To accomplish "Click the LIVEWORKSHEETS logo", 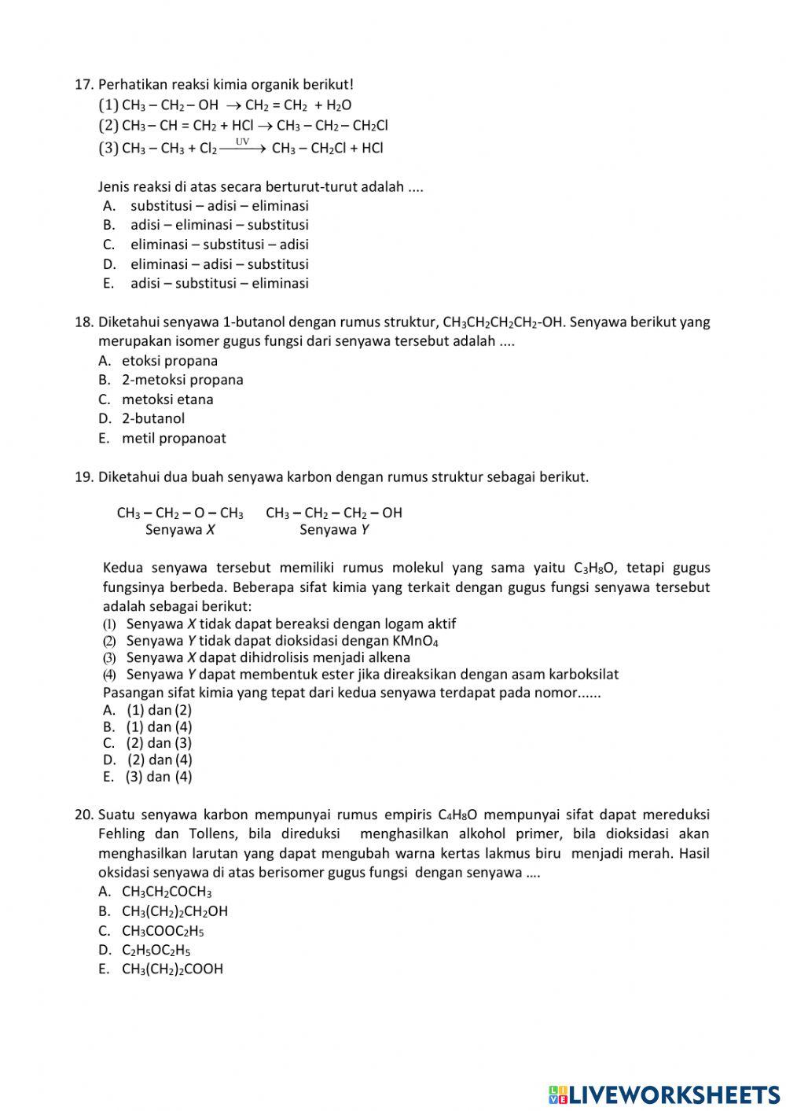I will coord(664,1094).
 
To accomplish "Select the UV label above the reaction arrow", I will coord(243,142).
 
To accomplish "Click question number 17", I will coord(84,84).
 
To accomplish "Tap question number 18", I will coord(84,322).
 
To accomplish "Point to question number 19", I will coord(84,476).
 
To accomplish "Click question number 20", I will coord(84,815).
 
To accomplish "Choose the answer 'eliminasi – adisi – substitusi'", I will coord(219,264).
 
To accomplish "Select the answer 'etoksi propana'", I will coord(170,361).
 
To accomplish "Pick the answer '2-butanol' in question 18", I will coord(153,418).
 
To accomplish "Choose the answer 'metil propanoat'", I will coord(174,438).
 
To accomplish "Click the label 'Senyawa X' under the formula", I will coord(180,530).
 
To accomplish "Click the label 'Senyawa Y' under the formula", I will coord(334,530).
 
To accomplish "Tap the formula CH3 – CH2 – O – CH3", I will coord(180,513).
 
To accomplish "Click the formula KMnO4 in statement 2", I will coord(415,641).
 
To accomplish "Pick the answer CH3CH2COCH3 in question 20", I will coord(167,892).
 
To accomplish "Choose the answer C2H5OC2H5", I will coord(156,950).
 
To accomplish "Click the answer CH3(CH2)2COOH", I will coord(172,969).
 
